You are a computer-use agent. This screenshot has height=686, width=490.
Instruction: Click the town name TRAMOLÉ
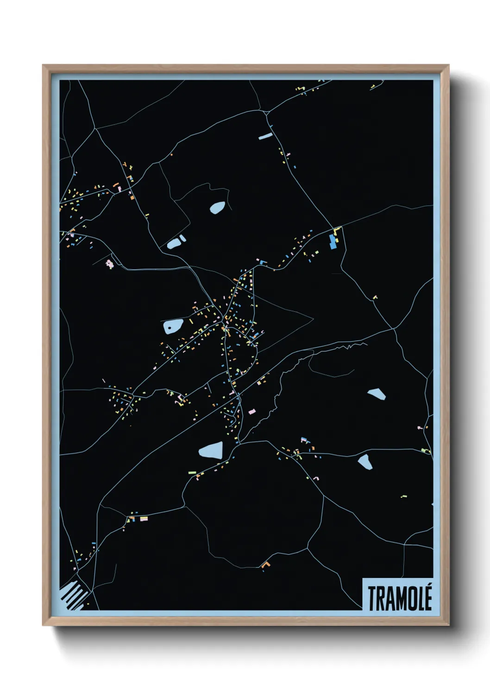pos(400,598)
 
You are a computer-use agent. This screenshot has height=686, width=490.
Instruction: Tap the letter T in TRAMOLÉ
pos(372,598)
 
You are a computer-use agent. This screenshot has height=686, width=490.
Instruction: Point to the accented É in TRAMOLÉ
pos(428,597)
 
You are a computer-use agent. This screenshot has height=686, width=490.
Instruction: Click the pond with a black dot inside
pos(173,326)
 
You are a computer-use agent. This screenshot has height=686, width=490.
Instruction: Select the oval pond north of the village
pos(217,207)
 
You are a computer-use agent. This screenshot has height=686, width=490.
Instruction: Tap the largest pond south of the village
pos(211,450)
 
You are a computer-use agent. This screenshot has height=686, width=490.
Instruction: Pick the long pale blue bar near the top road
pos(265,136)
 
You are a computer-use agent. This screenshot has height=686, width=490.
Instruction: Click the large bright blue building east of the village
pos(332,242)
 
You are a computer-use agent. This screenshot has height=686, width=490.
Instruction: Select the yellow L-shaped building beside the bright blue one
pos(337,230)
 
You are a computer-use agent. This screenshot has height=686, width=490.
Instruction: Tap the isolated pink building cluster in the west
pos(109,264)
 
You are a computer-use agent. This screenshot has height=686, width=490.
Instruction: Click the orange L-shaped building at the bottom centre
pos(265,565)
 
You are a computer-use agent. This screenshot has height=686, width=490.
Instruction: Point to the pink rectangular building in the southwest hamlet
pos(144,518)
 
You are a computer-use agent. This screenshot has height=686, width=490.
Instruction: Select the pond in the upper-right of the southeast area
pos(377,394)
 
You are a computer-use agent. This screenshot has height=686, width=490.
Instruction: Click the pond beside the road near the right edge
pos(364,461)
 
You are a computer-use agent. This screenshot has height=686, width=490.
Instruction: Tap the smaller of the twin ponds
pos(182,238)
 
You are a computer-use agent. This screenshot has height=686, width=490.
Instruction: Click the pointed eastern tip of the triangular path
pos(313,318)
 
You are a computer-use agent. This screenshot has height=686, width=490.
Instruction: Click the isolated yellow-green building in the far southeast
pos(403,496)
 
